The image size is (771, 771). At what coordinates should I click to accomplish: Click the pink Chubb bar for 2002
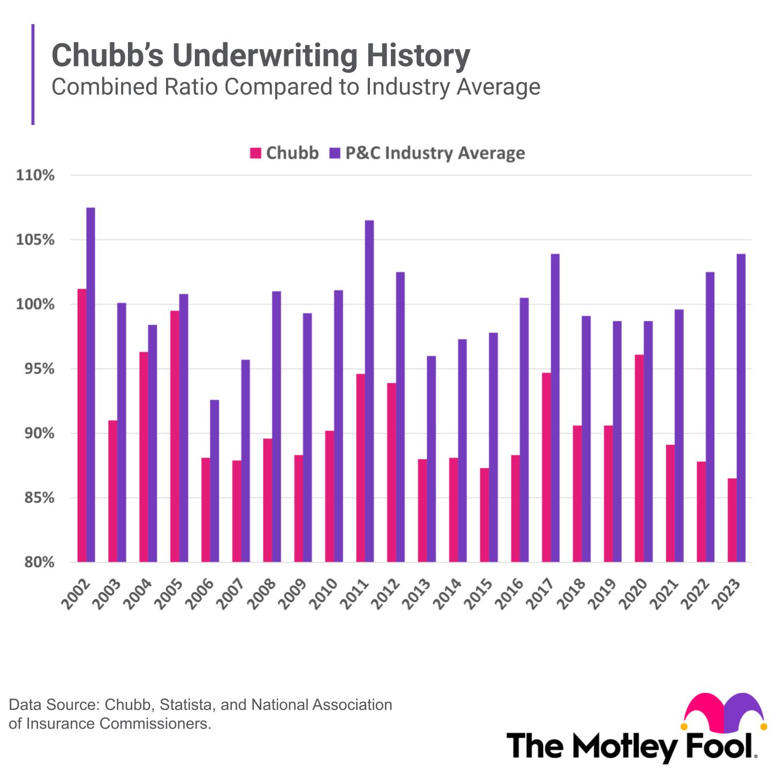[82, 426]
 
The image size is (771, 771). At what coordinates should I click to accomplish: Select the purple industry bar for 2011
[369, 391]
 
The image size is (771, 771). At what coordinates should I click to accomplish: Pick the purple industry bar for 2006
[214, 481]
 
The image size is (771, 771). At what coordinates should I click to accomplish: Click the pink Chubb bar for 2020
[639, 458]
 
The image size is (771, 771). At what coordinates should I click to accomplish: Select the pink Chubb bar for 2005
[175, 436]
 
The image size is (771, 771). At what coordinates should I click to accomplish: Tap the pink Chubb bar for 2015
[484, 515]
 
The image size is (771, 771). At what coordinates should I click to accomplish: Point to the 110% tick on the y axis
[35, 176]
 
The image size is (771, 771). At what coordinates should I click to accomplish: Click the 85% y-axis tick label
[35, 498]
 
